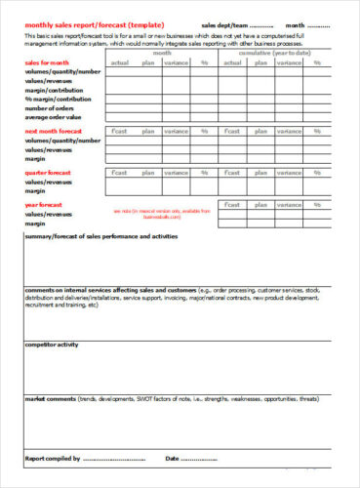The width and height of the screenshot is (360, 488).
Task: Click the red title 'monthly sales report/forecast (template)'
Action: pyautogui.click(x=94, y=23)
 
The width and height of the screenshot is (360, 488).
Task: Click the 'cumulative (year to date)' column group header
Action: pyautogui.click(x=284, y=54)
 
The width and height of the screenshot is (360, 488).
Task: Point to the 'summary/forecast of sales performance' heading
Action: pyautogui.click(x=100, y=237)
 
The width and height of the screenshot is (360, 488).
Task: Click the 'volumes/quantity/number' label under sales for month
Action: pyautogui.click(x=63, y=71)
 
